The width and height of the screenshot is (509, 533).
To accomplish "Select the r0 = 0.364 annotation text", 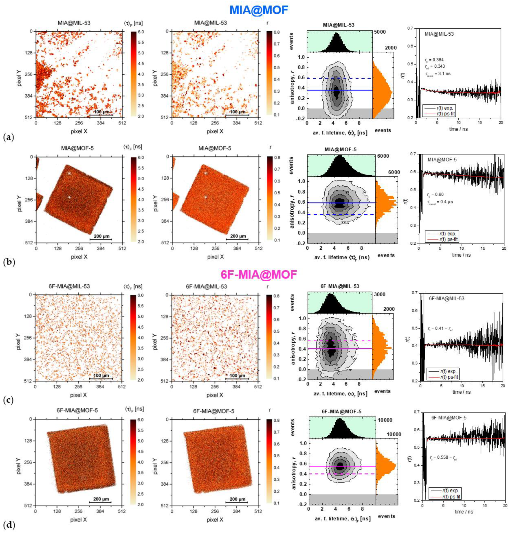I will click(x=434, y=60).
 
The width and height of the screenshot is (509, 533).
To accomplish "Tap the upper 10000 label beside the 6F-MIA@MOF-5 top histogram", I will click(x=385, y=420).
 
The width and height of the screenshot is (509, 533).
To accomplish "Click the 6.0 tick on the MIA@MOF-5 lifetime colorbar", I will click(x=137, y=157).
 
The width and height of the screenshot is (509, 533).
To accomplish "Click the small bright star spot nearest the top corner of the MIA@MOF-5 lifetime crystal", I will click(x=69, y=173).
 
